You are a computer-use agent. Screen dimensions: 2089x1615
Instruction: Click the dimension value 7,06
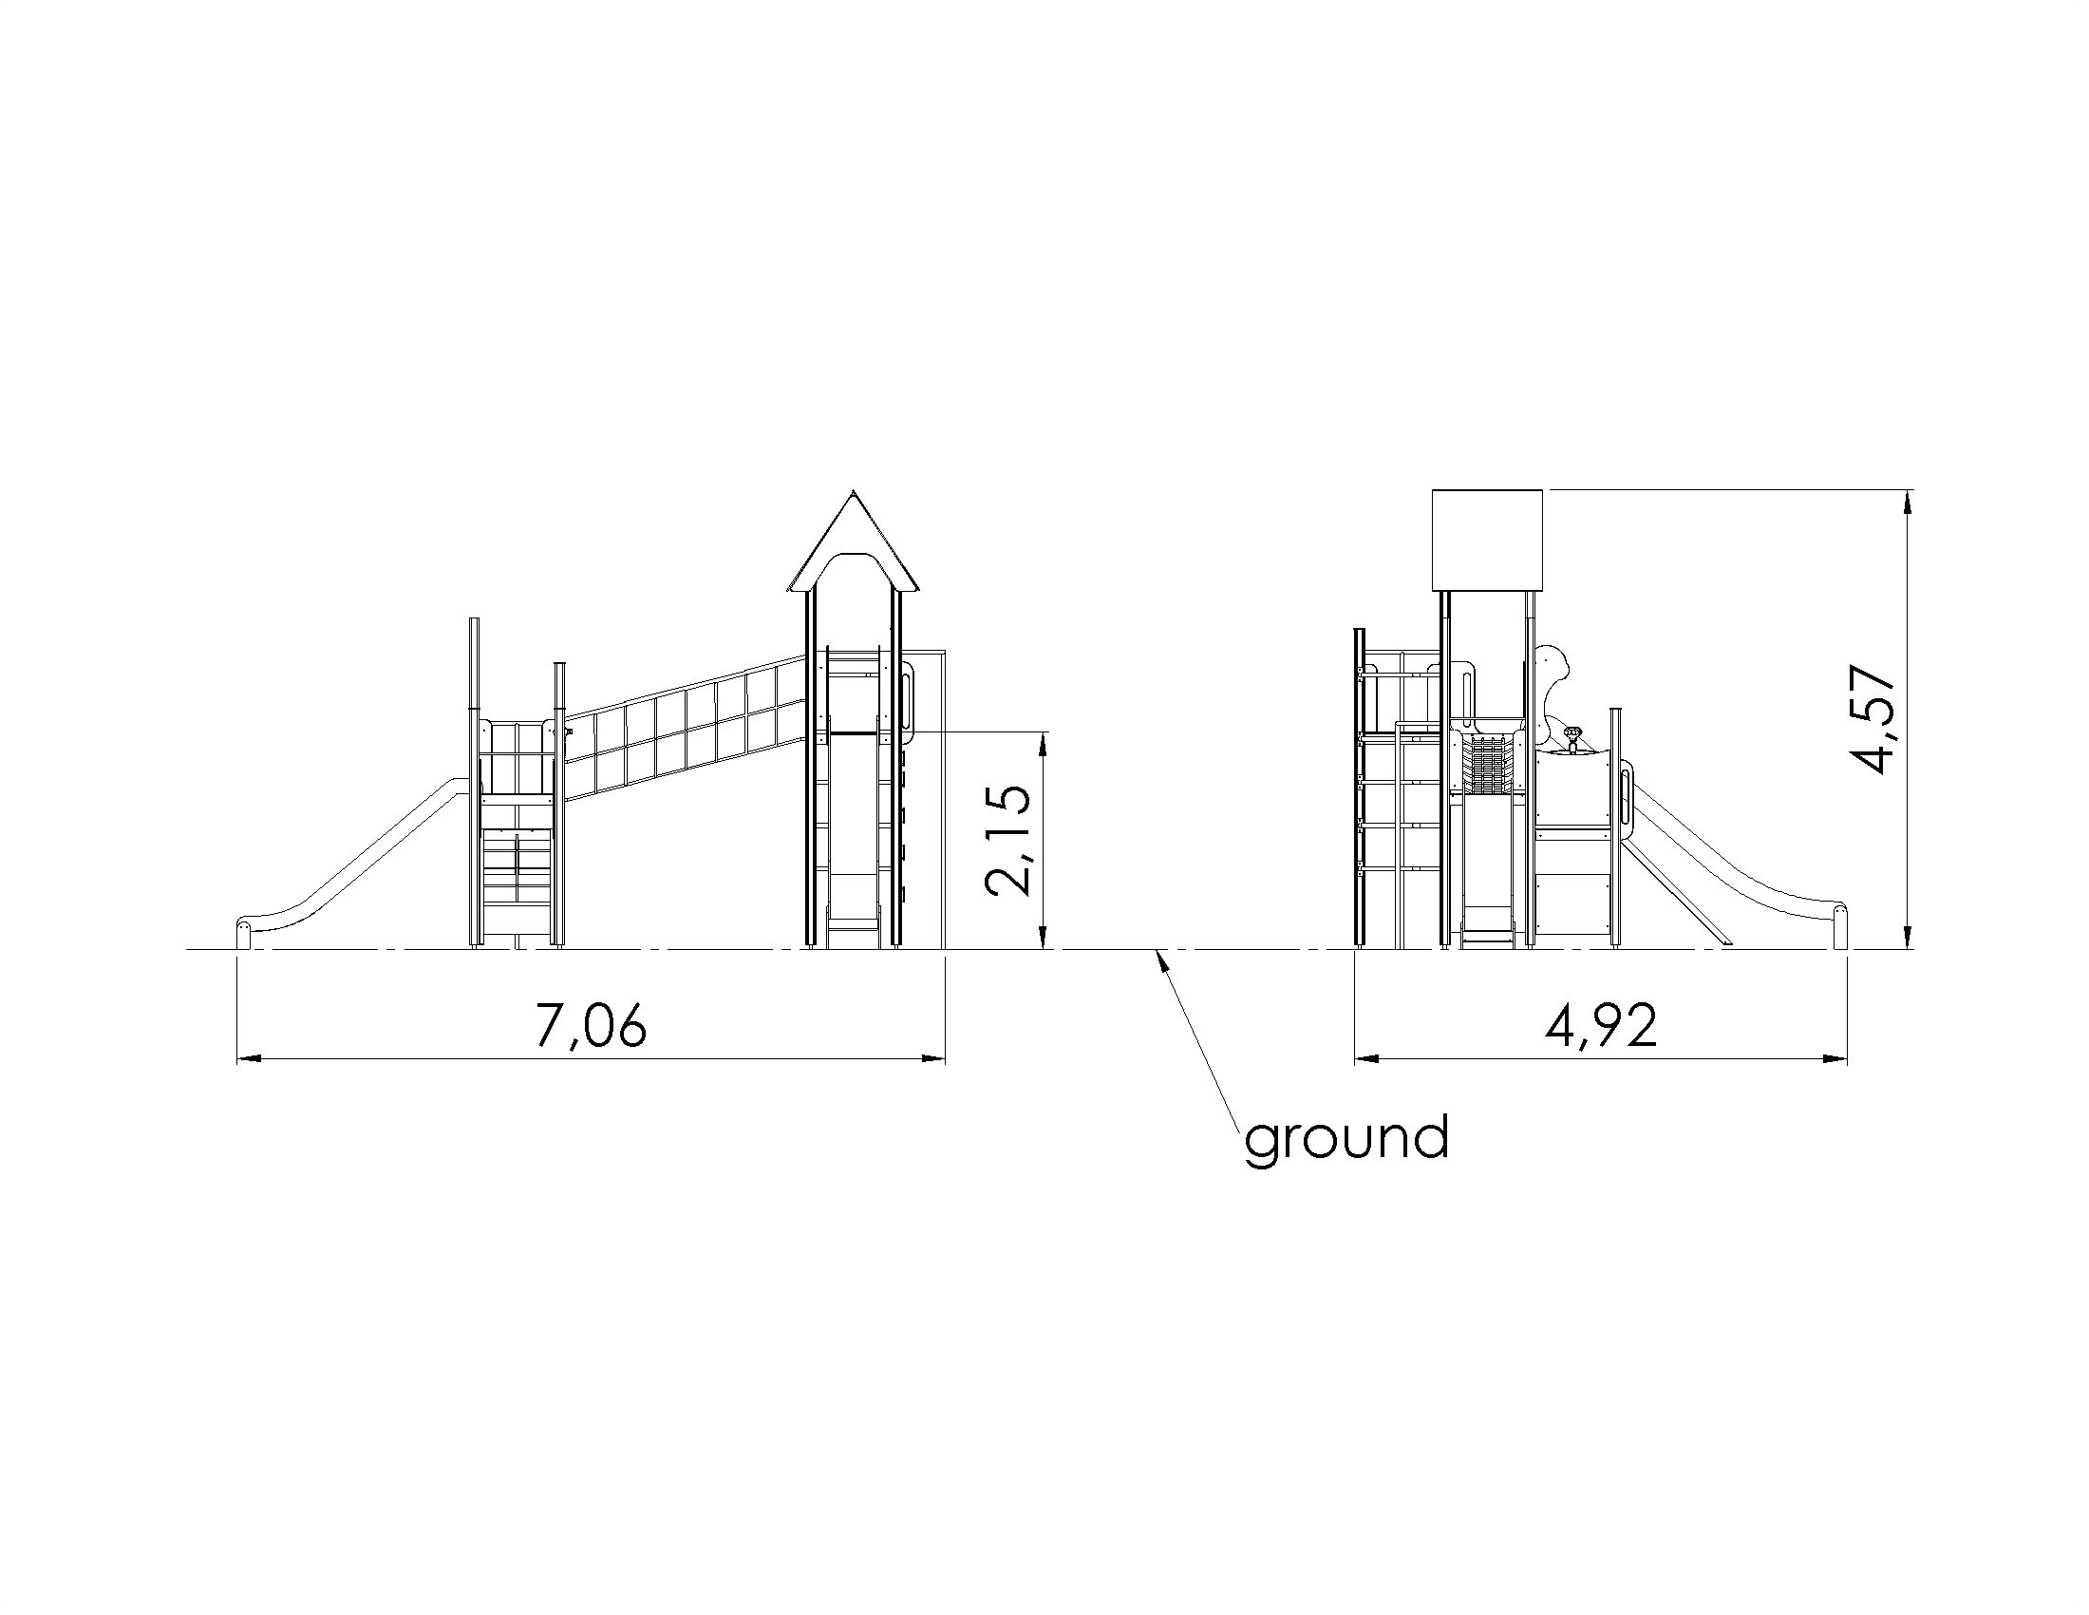(x=592, y=1026)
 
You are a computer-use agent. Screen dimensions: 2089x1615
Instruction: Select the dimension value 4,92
(x=1601, y=1026)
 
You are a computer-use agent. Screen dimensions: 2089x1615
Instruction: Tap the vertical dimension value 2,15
(x=1008, y=841)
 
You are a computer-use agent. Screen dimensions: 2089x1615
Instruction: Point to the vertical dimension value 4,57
(x=1872, y=718)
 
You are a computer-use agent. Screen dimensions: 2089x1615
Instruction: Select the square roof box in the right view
(x=1487, y=541)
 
